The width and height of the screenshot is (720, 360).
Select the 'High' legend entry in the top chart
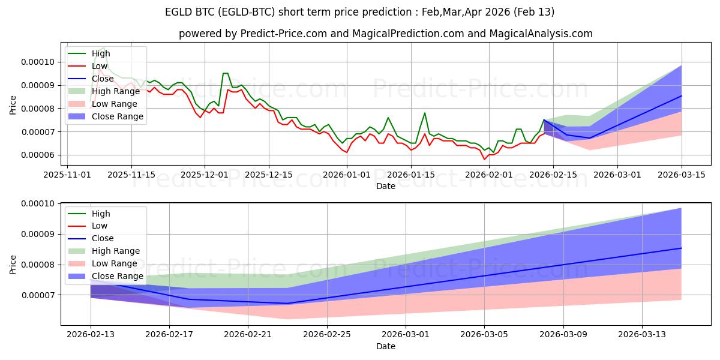point(101,53)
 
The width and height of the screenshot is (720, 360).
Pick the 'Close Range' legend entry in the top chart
point(118,116)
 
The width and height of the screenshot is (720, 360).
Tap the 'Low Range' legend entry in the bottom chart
point(115,263)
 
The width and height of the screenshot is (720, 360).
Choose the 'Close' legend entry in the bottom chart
point(103,238)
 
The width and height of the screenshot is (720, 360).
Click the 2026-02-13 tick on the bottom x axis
point(91,334)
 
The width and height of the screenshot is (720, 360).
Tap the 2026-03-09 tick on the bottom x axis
point(563,334)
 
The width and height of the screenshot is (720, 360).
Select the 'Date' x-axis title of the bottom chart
point(385,346)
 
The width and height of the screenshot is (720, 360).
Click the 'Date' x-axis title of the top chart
point(385,186)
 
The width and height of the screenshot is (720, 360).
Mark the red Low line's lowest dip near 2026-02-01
point(484,159)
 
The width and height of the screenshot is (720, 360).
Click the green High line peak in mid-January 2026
point(425,113)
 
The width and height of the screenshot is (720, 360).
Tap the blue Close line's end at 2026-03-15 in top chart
point(682,96)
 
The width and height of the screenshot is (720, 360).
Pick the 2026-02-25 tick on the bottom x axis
point(327,334)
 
